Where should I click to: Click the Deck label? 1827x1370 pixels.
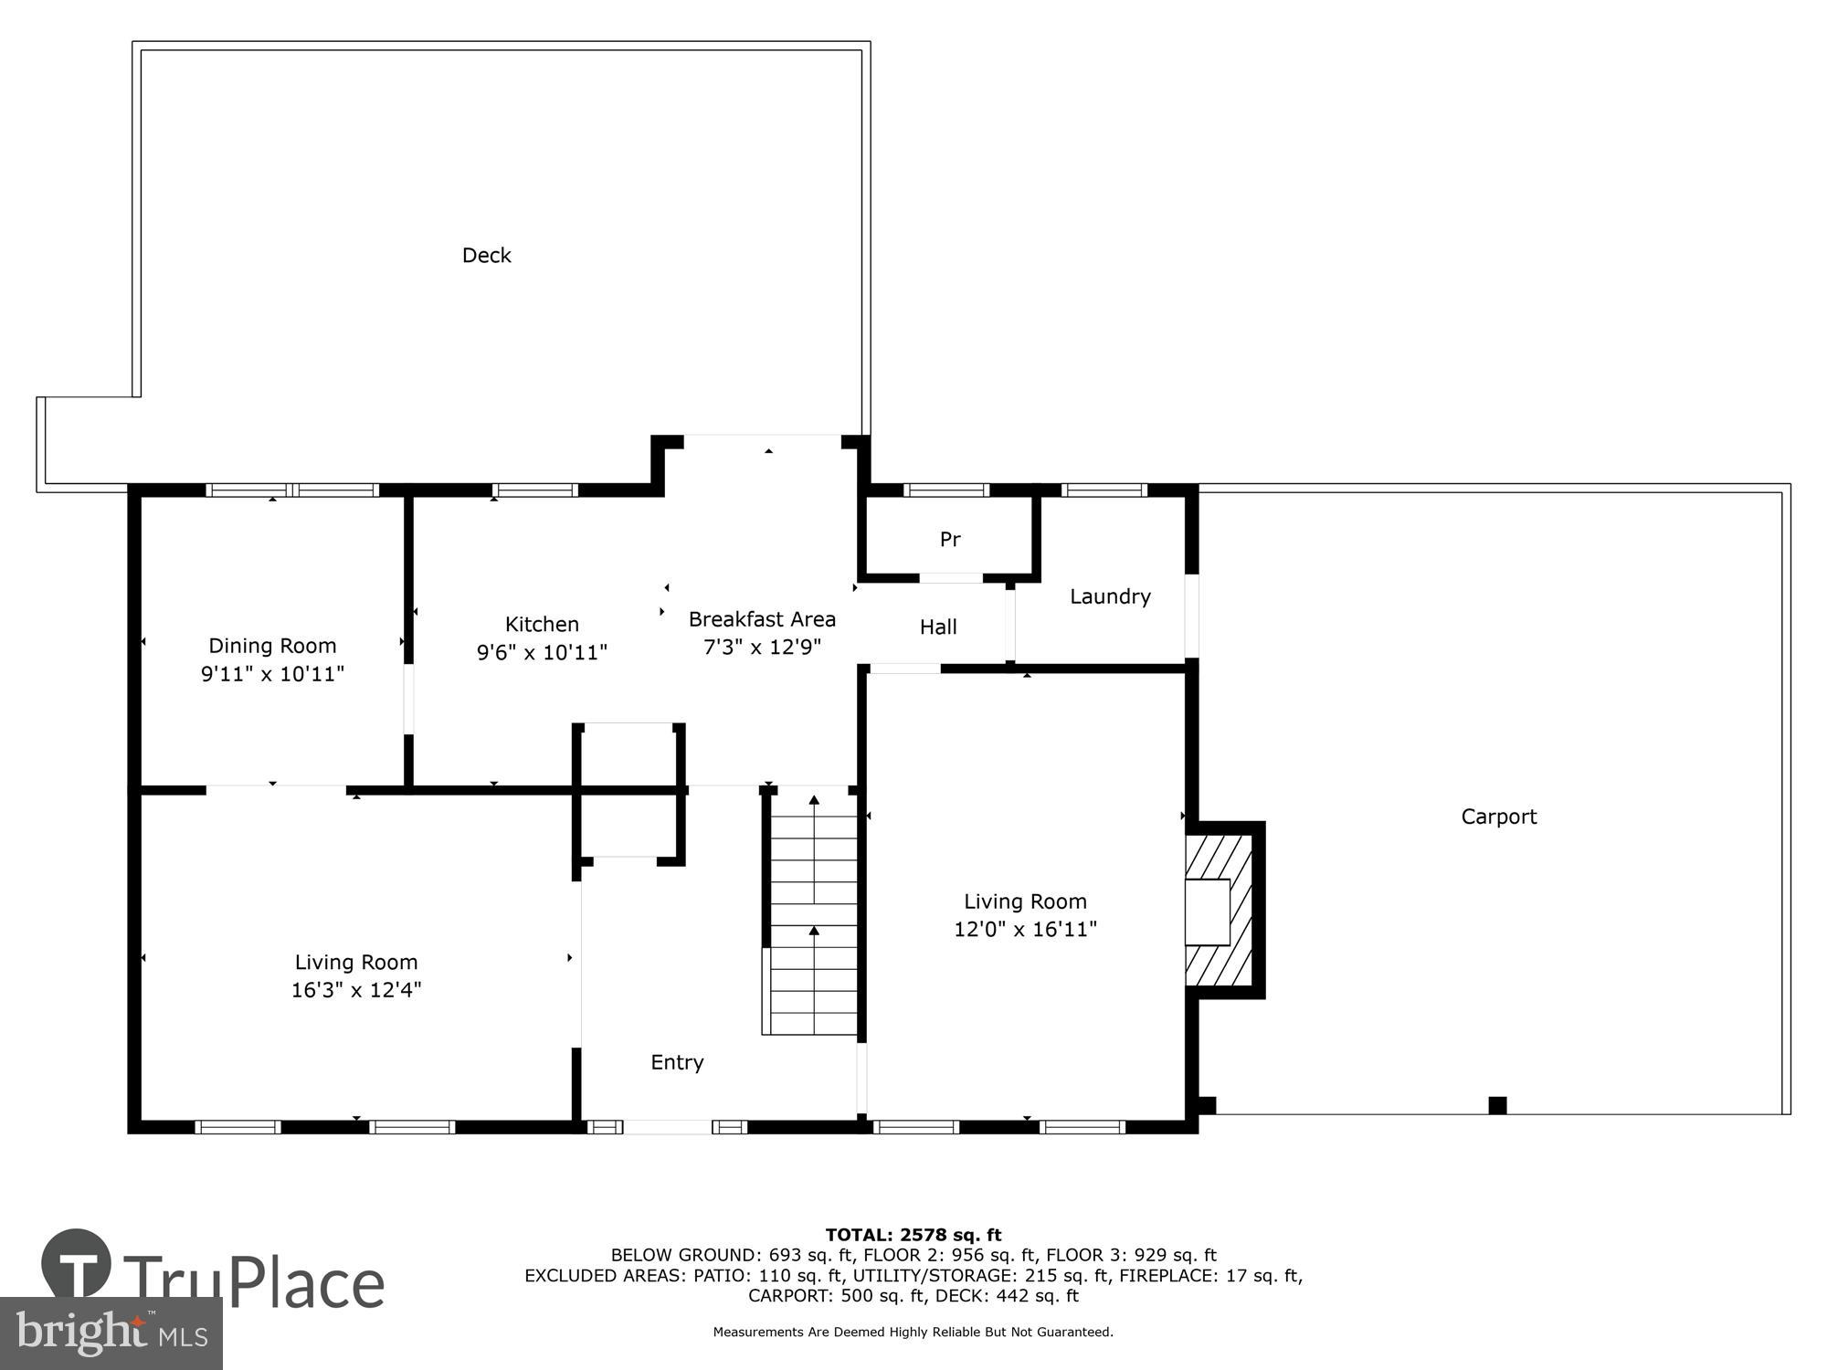486,256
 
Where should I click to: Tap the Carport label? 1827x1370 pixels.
1498,817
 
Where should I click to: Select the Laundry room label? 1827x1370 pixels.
1110,596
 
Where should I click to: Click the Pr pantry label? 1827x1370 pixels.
950,540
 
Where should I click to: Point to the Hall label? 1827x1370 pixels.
938,627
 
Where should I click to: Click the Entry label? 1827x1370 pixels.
677,1062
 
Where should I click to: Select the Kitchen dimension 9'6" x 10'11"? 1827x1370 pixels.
542,652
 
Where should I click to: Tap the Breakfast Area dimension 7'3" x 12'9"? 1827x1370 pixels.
762,648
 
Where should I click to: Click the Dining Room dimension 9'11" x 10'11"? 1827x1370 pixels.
272,674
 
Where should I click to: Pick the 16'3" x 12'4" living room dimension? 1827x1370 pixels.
356,990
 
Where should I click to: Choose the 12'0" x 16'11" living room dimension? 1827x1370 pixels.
1025,929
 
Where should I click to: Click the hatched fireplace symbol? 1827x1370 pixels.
1222,911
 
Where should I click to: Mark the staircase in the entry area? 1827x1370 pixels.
813,913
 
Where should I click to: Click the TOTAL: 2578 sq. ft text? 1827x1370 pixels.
913,1236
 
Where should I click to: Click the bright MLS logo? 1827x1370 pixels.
111,1333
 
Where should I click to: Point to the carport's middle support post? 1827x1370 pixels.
1497,1105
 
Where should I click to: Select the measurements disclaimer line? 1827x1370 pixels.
913,1333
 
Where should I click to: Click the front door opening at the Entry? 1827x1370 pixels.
667,1127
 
